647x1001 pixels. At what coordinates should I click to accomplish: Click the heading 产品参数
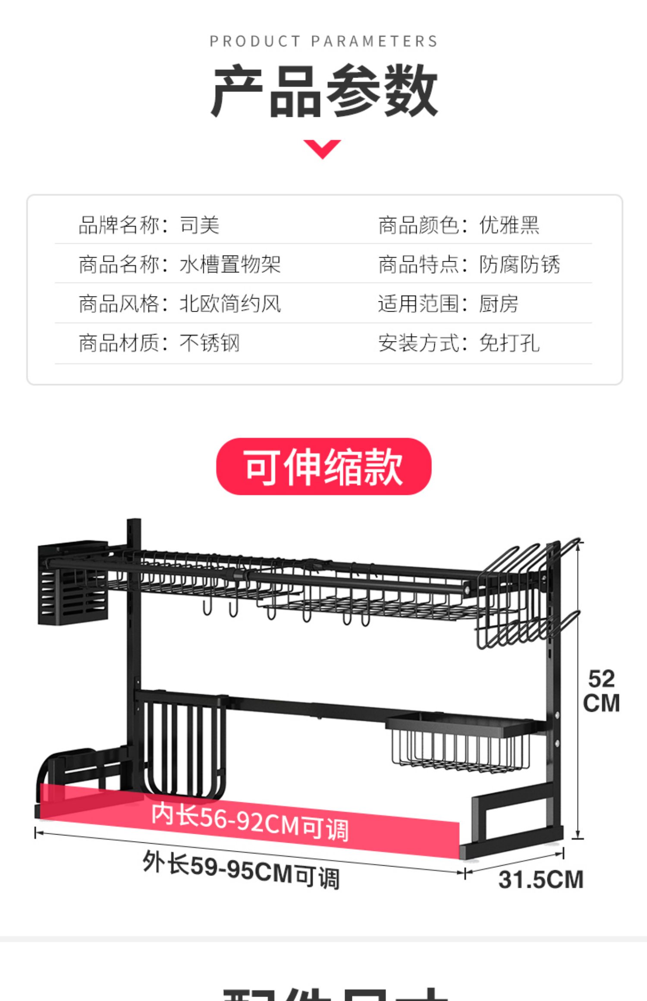323,91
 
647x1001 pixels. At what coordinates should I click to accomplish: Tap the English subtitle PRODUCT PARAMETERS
323,41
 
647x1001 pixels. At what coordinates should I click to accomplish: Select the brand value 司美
199,225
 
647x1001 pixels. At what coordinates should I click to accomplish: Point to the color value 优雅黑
509,225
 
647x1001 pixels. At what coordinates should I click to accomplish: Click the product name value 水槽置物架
230,264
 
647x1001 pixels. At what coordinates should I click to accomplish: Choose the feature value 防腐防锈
519,264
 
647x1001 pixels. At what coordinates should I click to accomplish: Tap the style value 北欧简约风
230,304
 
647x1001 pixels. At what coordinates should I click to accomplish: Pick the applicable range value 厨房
499,304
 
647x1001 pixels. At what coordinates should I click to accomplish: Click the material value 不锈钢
210,344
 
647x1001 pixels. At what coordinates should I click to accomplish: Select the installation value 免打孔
509,344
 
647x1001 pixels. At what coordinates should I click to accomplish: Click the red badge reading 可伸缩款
323,466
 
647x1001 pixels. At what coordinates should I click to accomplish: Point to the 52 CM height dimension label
601,691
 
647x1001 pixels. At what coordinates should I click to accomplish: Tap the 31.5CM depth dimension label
541,879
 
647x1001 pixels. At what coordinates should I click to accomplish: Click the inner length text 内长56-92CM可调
250,822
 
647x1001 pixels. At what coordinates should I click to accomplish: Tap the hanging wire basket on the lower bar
459,741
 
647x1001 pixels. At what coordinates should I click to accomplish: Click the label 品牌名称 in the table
119,225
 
